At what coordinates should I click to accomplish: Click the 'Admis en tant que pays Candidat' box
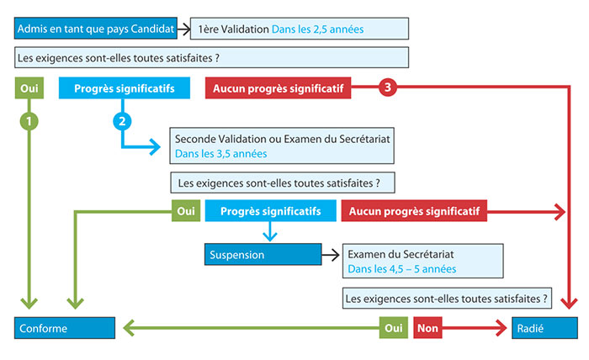(x=96, y=28)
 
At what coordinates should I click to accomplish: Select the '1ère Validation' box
(x=300, y=29)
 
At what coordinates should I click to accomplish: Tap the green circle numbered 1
(x=29, y=121)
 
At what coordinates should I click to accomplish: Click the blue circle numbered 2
(x=122, y=121)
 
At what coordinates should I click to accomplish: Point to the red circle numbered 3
(x=388, y=87)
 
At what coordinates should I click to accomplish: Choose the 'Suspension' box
(x=263, y=255)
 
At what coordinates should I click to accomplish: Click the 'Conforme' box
(x=65, y=328)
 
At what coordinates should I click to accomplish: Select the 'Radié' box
(x=544, y=328)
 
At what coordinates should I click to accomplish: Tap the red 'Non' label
(x=427, y=328)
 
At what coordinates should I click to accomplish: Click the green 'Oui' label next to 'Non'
(x=393, y=328)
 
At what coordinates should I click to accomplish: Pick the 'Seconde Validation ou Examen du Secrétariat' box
(x=282, y=146)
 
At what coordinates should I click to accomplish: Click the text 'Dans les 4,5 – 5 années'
(x=402, y=269)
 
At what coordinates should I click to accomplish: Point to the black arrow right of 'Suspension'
(x=331, y=255)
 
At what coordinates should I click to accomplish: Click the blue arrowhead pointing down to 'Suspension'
(x=270, y=236)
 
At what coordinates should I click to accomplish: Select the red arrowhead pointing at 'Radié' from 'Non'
(x=501, y=328)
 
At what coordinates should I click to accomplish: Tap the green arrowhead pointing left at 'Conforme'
(x=129, y=328)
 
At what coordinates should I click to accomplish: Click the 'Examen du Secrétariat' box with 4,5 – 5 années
(x=423, y=261)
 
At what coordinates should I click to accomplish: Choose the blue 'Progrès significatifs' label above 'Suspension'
(x=270, y=210)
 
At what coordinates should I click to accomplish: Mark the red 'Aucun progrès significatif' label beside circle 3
(x=278, y=88)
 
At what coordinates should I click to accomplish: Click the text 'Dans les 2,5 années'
(x=317, y=29)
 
